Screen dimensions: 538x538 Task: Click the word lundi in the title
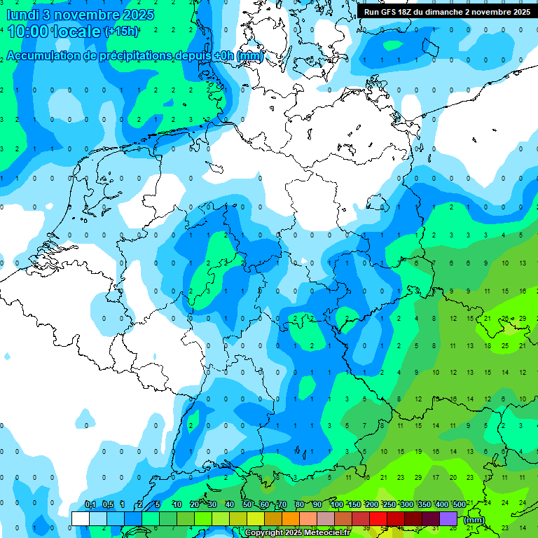pyautogui.click(x=20, y=14)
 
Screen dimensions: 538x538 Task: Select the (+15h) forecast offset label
pyautogui.click(x=120, y=32)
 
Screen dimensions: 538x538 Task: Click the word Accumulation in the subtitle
pyautogui.click(x=47, y=55)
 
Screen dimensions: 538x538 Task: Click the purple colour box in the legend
pyautogui.click(x=448, y=518)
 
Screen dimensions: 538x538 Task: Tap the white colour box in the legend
pyautogui.click(x=81, y=518)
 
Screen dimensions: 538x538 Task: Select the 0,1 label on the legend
pyautogui.click(x=90, y=505)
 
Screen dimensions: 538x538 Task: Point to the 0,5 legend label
pyautogui.click(x=107, y=505)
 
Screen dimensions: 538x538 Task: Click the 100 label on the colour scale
pyautogui.click(x=336, y=505)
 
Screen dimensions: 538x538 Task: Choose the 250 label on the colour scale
pyautogui.click(x=389, y=505)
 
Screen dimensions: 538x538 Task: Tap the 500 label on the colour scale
pyautogui.click(x=459, y=505)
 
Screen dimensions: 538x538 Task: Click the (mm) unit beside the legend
pyautogui.click(x=474, y=520)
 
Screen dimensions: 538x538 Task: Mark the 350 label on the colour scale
pyautogui.click(x=424, y=505)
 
